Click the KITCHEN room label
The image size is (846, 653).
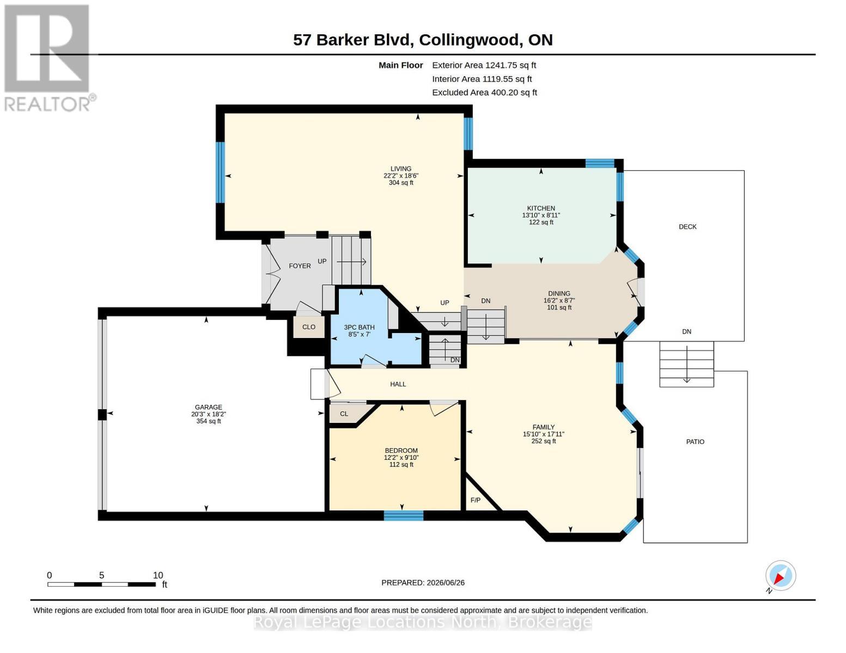click(541, 208)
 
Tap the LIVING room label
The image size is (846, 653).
click(400, 169)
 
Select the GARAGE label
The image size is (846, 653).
click(209, 407)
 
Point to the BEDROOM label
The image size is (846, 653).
click(401, 451)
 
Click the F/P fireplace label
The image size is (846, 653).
click(476, 500)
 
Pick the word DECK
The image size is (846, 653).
click(687, 227)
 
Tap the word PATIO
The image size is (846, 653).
click(695, 442)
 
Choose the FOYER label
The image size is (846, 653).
click(300, 266)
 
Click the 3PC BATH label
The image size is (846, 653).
click(359, 328)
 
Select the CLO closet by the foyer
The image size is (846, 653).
click(309, 327)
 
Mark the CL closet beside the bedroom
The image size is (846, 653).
click(344, 414)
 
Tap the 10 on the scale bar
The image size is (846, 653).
click(157, 575)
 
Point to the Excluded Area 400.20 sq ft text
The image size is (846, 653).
click(484, 93)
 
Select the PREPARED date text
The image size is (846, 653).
click(423, 583)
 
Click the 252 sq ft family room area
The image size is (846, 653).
click(544, 441)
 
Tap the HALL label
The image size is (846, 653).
click(398, 384)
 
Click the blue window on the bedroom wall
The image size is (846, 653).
click(403, 515)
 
